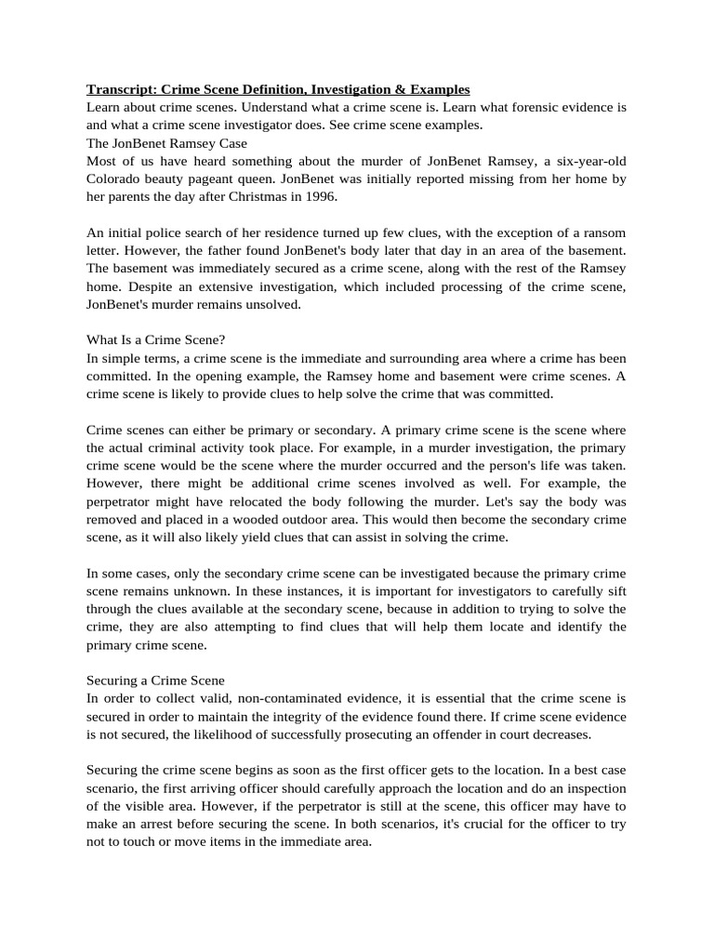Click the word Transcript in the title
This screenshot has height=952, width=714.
121,89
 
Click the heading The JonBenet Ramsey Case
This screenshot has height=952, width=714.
166,142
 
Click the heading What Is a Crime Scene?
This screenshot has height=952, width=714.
155,340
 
